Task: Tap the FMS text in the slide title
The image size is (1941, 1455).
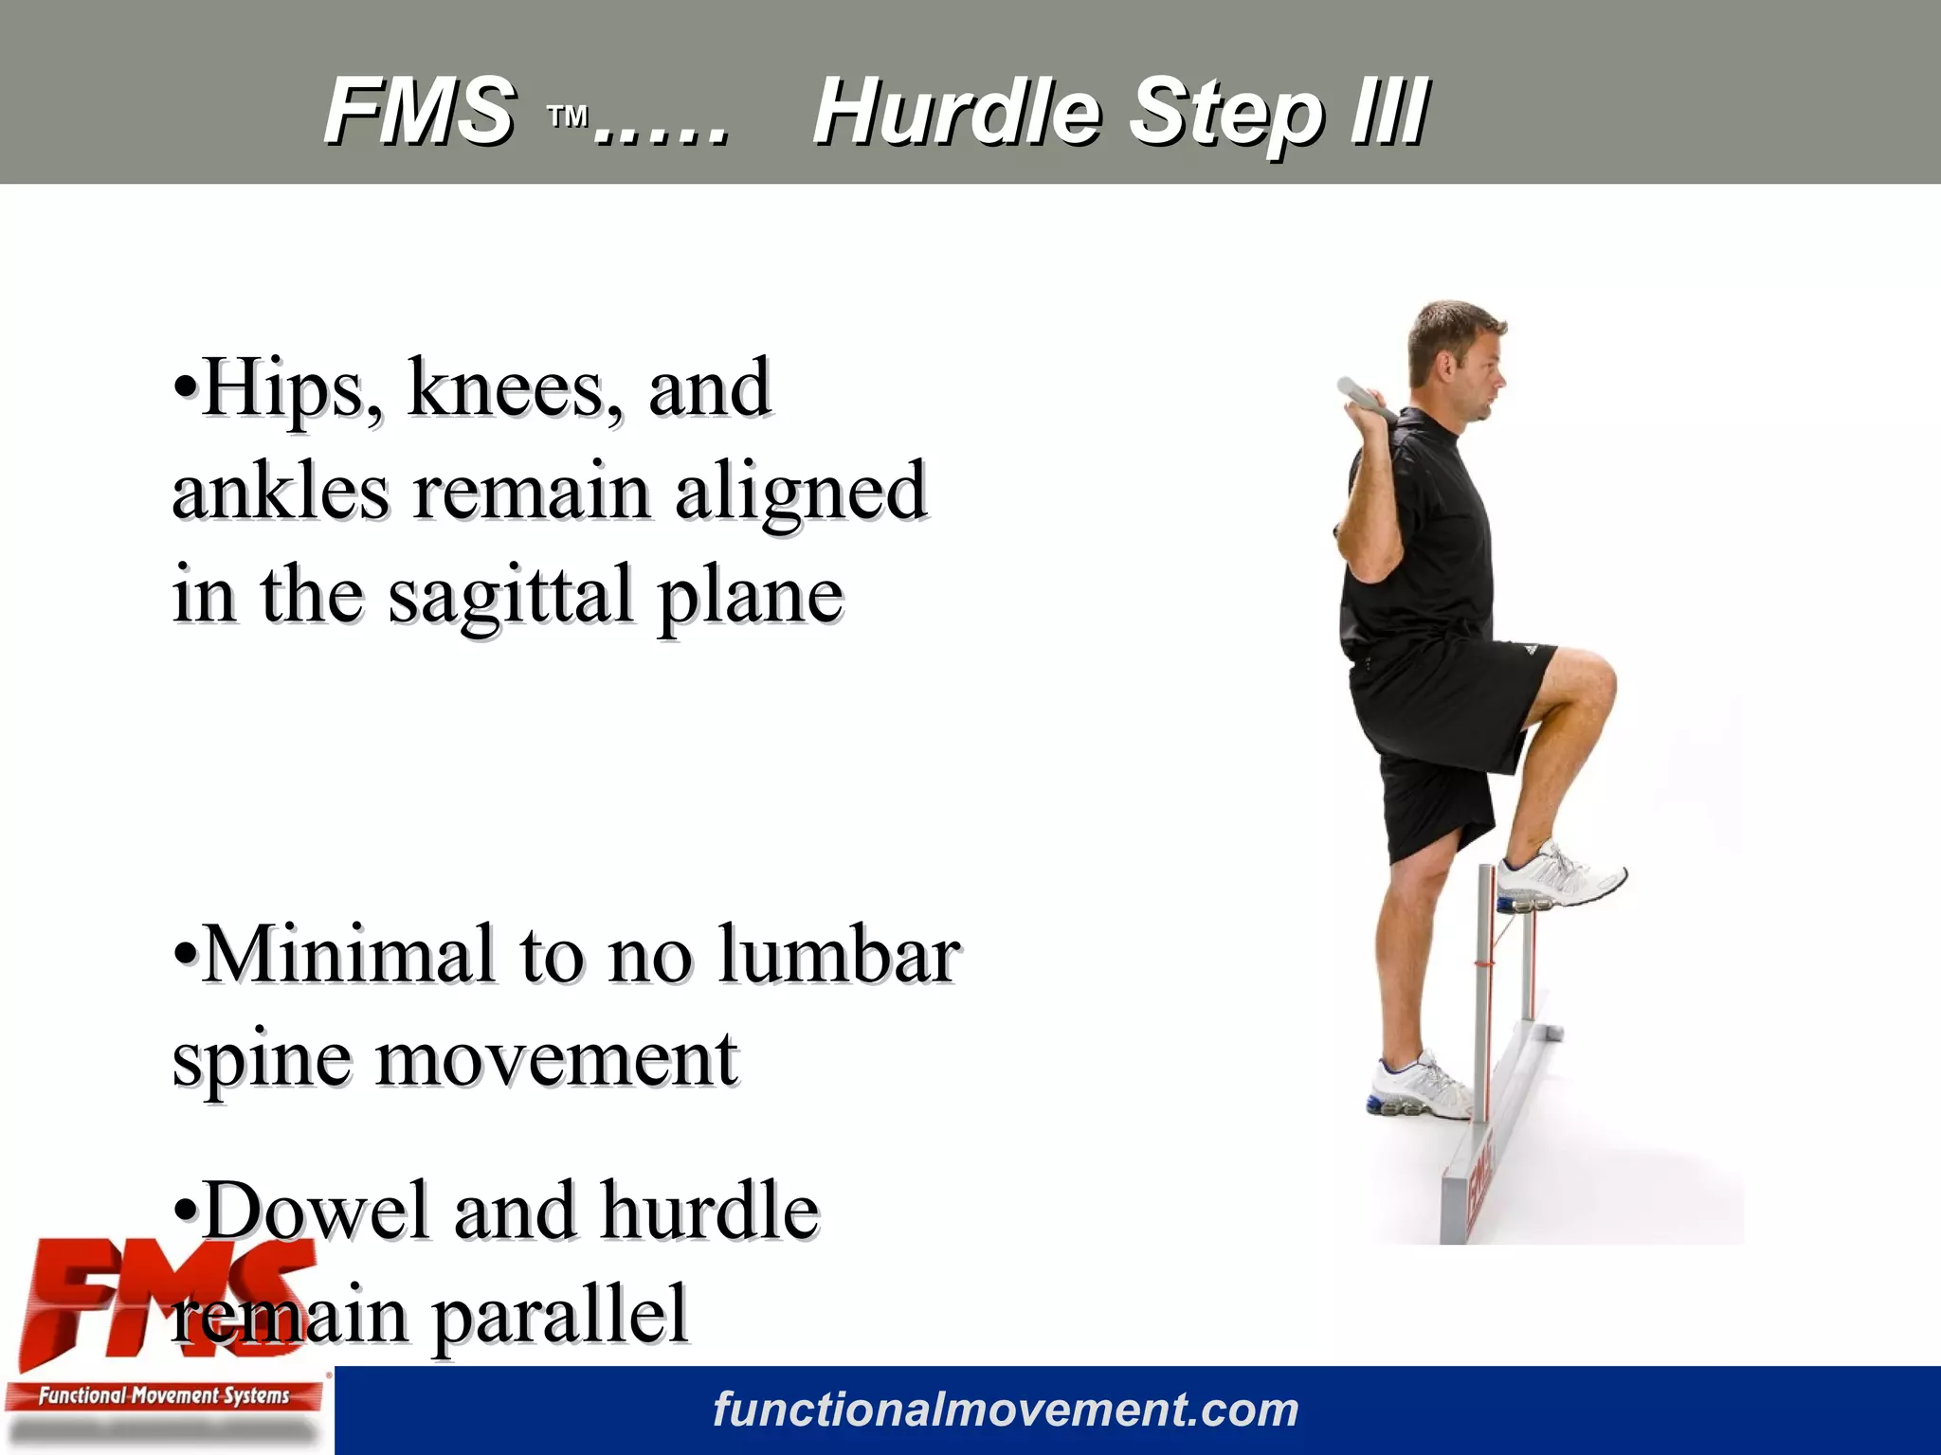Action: [420, 112]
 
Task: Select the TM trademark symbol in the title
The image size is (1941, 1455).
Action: [569, 117]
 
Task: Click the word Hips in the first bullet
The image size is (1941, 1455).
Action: [284, 388]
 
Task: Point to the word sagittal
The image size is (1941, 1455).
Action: [511, 595]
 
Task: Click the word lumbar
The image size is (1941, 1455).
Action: [839, 955]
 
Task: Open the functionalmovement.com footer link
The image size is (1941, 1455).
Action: [1006, 1410]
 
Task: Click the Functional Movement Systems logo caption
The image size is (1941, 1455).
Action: [163, 1395]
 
